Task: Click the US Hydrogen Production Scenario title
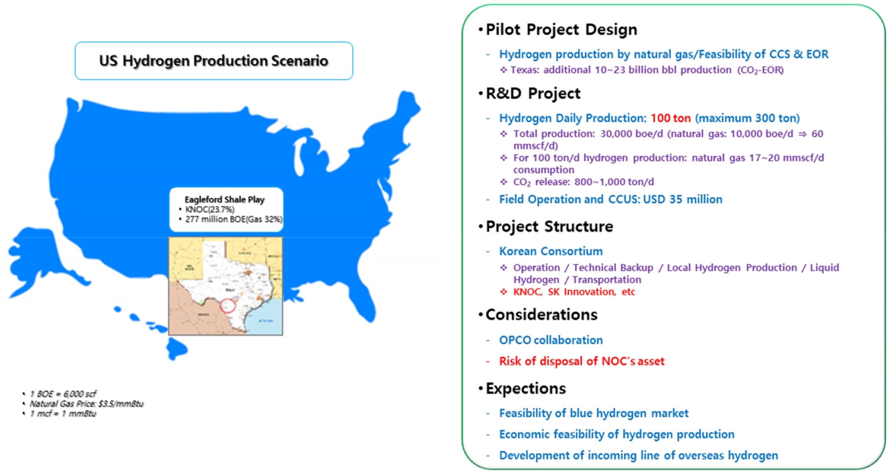(x=213, y=61)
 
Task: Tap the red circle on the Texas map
(x=227, y=306)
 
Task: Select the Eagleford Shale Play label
(x=224, y=199)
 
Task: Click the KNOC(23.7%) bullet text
(x=210, y=209)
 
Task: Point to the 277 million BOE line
(x=233, y=219)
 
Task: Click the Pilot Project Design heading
(x=561, y=29)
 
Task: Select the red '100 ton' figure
(x=671, y=118)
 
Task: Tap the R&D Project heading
(x=532, y=93)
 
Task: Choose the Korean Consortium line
(x=550, y=251)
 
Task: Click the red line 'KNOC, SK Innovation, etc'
(x=574, y=292)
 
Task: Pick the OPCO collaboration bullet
(x=550, y=340)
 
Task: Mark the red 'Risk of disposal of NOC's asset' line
(x=581, y=361)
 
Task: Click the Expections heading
(x=525, y=388)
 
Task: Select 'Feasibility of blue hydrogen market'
(x=593, y=414)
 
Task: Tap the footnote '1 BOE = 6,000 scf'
(x=63, y=394)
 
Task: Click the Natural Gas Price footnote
(x=86, y=404)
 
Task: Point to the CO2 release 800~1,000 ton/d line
(x=583, y=182)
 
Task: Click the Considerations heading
(x=541, y=314)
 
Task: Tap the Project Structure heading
(x=549, y=227)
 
